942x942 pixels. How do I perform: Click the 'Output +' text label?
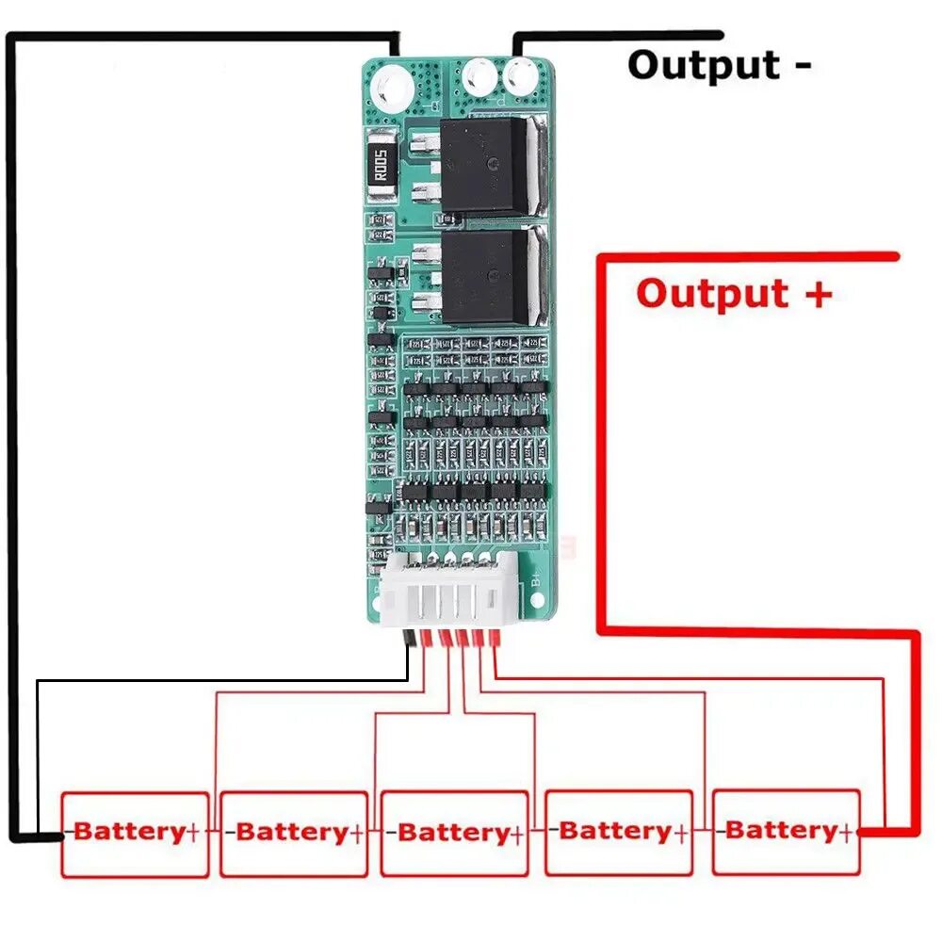(x=734, y=293)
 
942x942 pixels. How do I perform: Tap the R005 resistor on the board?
(x=382, y=167)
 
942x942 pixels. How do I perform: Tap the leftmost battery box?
(x=135, y=834)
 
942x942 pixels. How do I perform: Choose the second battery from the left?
(x=294, y=834)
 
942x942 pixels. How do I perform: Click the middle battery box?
(x=455, y=834)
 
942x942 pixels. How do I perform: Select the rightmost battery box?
(x=786, y=832)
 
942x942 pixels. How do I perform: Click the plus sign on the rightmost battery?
(x=846, y=832)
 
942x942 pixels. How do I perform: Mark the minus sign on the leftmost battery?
(x=68, y=833)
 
